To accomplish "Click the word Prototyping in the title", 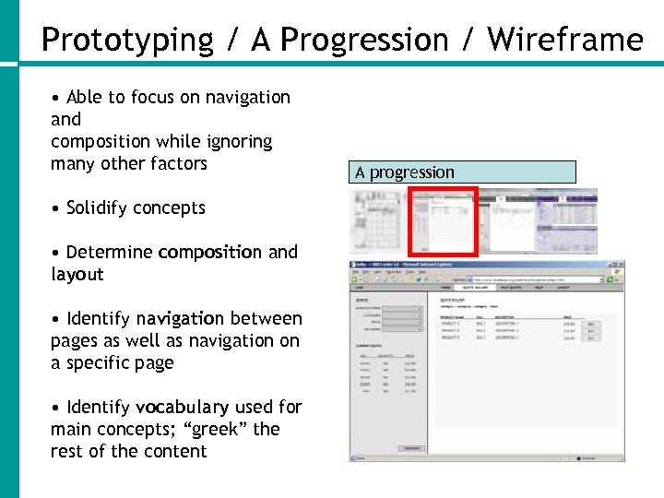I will coord(127,41).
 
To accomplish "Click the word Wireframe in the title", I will coord(564,41).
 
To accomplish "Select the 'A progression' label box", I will coord(464,172).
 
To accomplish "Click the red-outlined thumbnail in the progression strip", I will coord(444,221).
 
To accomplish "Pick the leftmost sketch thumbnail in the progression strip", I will coord(379,221).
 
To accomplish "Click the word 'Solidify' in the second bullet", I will coord(100,208).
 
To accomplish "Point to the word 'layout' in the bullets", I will coord(77,275).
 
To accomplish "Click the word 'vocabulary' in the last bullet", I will coord(182,408).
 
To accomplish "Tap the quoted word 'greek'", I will coord(220,430).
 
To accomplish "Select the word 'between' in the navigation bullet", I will coord(267,319).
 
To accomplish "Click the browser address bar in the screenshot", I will coord(516,279).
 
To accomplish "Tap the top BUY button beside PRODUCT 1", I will coord(590,324).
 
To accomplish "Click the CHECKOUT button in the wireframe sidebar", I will coord(410,448).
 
